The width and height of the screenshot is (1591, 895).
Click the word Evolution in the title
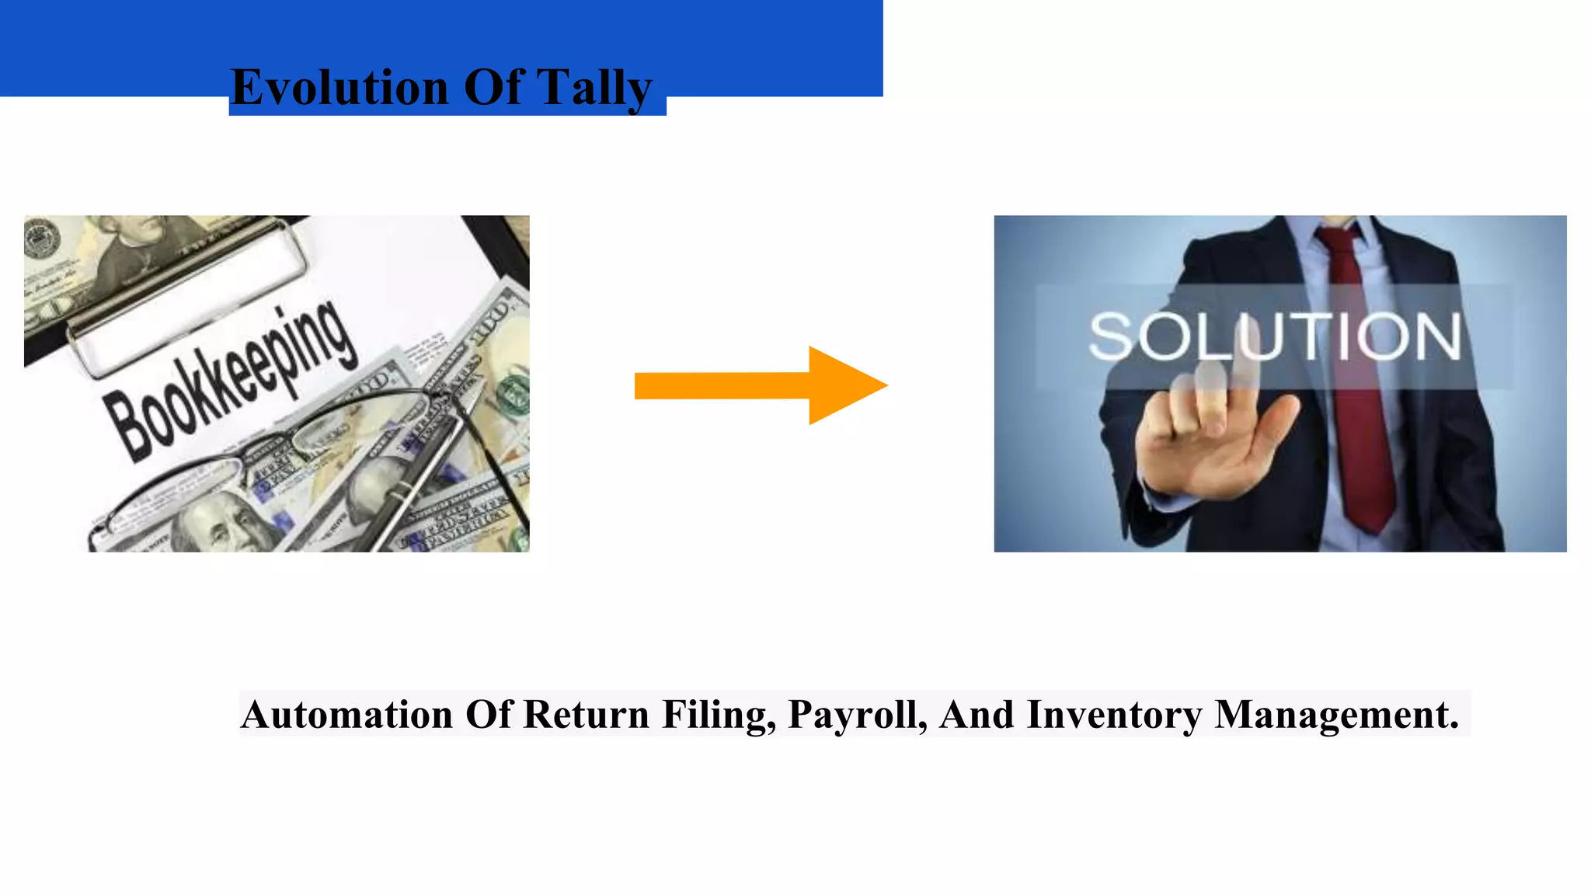coord(339,87)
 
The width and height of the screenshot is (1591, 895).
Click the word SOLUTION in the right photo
coord(1274,337)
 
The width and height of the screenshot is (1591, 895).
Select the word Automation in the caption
coord(346,715)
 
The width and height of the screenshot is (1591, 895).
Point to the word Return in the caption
coord(586,715)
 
